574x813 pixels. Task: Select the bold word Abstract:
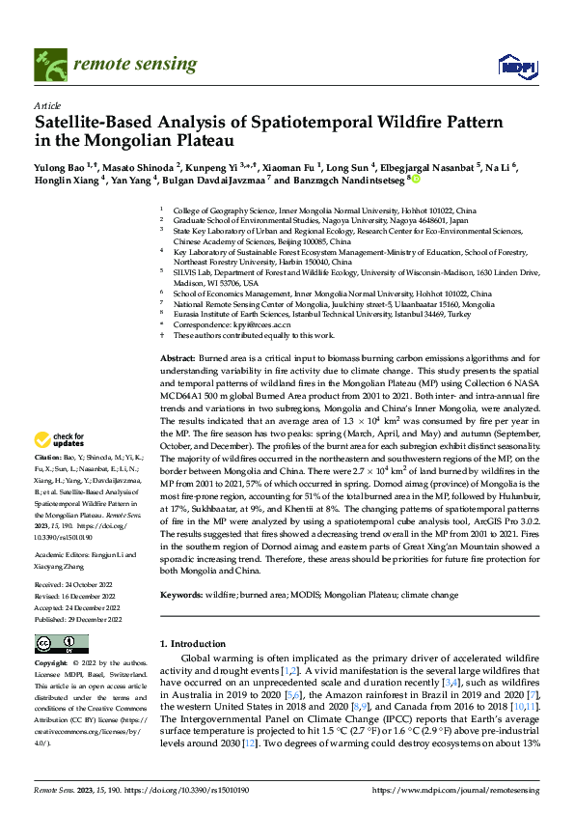coord(178,358)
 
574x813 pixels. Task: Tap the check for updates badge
coord(60,441)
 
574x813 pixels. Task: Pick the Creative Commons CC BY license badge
coord(61,643)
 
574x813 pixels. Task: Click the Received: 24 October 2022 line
coord(77,584)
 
